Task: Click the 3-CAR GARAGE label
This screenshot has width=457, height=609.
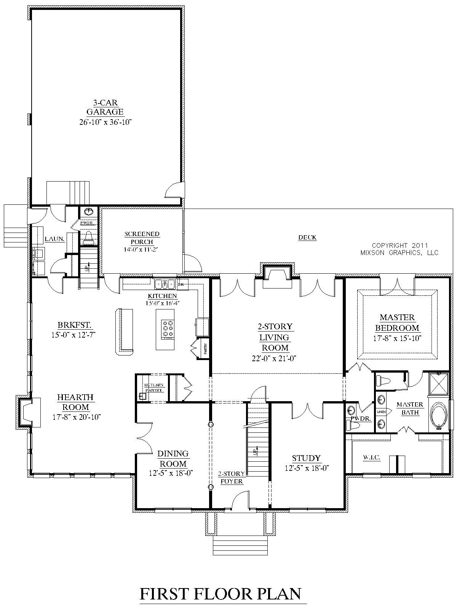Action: click(x=105, y=107)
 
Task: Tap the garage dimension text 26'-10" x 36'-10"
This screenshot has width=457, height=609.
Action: click(x=105, y=122)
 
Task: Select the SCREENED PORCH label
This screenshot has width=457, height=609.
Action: click(x=142, y=238)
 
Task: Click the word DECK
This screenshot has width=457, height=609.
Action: click(x=307, y=238)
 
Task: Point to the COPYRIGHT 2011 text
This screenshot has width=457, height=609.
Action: click(x=400, y=246)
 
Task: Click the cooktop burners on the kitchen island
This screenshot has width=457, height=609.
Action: click(x=168, y=330)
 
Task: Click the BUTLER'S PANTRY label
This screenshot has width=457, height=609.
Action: click(x=153, y=387)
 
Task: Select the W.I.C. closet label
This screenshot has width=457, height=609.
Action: click(x=372, y=457)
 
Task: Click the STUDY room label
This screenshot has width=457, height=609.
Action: click(x=306, y=458)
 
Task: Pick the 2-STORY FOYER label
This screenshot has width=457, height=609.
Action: click(x=231, y=477)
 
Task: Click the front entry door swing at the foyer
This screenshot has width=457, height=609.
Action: click(x=239, y=500)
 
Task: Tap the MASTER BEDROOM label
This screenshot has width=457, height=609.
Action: click(x=397, y=322)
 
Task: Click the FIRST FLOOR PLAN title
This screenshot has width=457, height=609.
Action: click(x=221, y=594)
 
